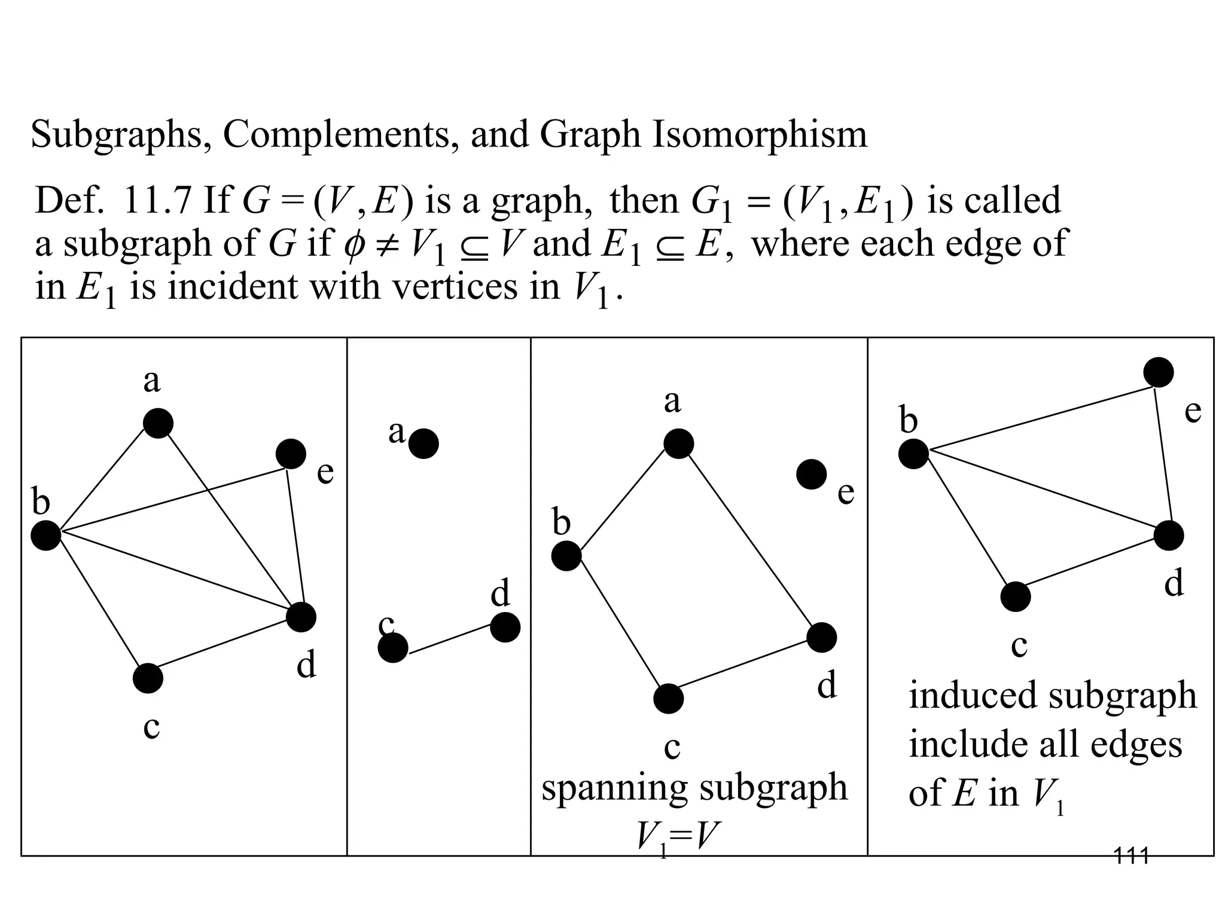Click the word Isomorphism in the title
[x=759, y=135]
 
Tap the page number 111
[x=1131, y=856]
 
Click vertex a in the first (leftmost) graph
[x=158, y=424]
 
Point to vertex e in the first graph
[x=291, y=454]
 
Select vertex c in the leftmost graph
[x=148, y=678]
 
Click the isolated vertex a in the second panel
[x=423, y=443]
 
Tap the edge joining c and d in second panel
[x=449, y=638]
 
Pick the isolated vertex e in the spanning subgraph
[x=812, y=475]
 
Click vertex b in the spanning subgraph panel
[x=566, y=556]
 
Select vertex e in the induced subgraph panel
[x=1159, y=372]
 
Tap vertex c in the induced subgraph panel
[x=1016, y=596]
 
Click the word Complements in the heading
[x=336, y=135]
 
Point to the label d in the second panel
[x=500, y=593]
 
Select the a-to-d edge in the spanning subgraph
[x=751, y=541]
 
